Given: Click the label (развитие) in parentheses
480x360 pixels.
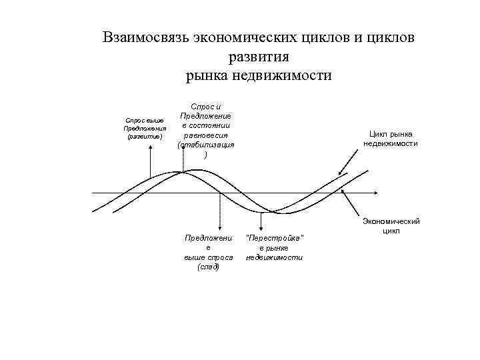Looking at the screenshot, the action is click(144, 136).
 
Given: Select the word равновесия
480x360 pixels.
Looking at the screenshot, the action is click(206, 135).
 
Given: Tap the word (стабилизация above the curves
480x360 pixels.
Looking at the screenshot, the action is click(206, 145).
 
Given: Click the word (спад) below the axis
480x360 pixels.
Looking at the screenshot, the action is click(209, 267).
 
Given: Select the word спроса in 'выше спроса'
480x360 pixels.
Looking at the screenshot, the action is click(217, 257).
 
